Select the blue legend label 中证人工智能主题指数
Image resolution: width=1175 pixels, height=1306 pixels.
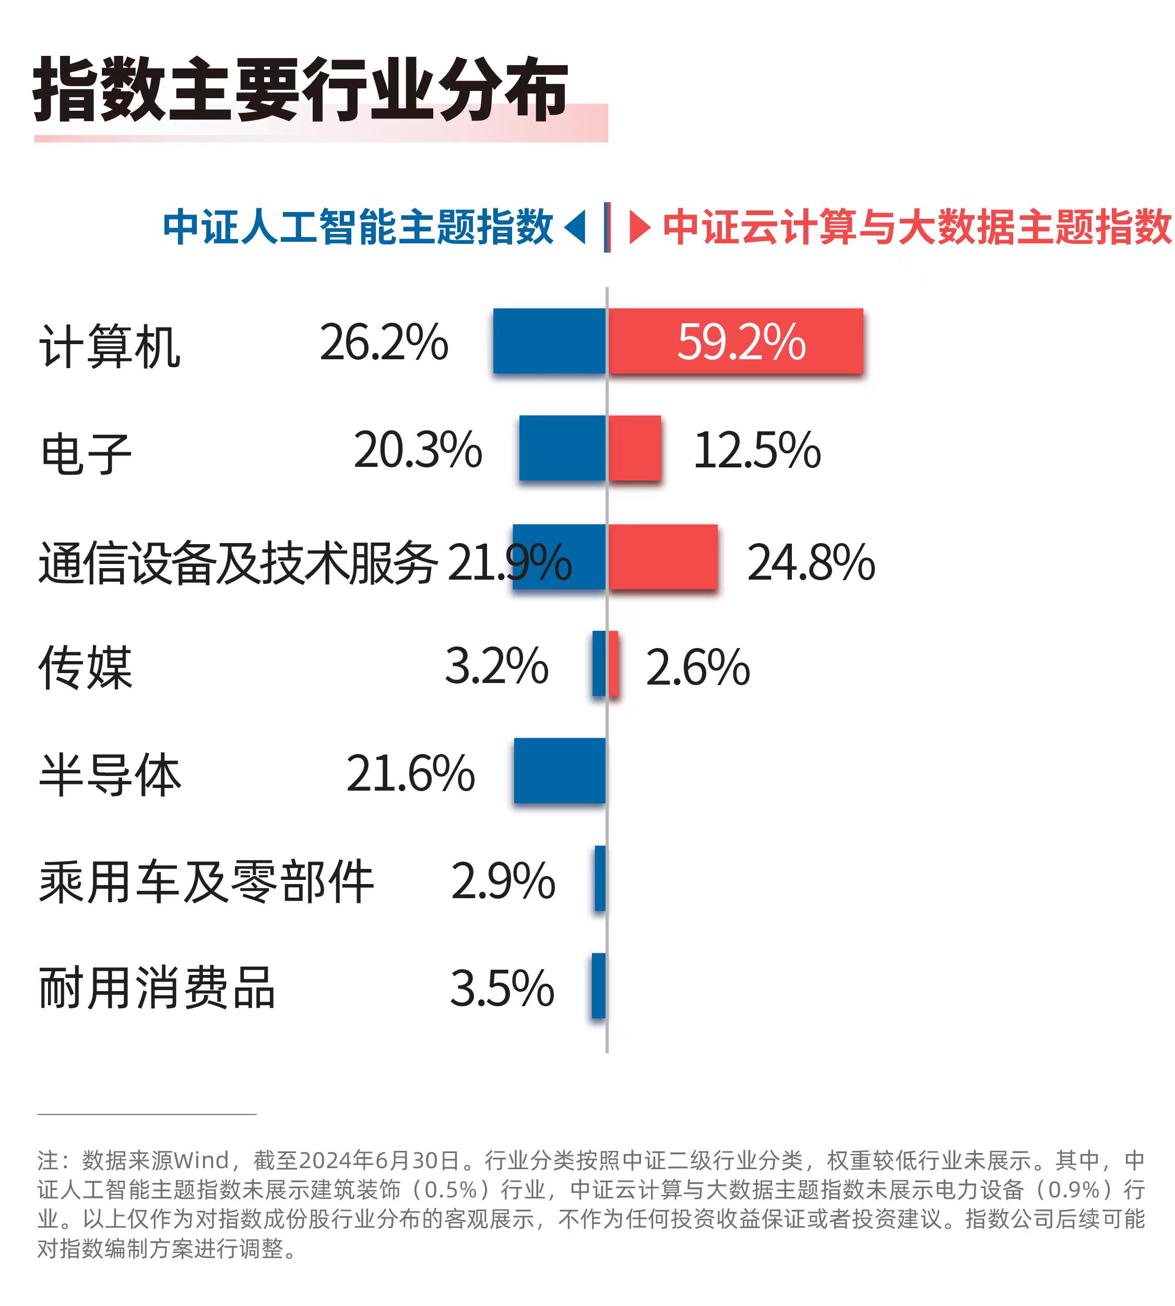click(x=358, y=227)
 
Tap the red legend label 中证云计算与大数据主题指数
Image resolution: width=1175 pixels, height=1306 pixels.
click(x=917, y=227)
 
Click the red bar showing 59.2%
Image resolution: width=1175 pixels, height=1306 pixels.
click(x=736, y=340)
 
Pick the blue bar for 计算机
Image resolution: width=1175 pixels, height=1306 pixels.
click(x=550, y=340)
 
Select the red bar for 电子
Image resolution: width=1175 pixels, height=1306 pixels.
click(x=635, y=448)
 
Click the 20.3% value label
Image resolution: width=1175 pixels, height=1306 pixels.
click(x=418, y=450)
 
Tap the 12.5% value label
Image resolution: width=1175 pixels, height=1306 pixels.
click(x=757, y=450)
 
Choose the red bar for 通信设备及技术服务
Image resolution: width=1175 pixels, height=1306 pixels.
click(x=663, y=557)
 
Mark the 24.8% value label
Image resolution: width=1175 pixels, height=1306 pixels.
click(x=811, y=562)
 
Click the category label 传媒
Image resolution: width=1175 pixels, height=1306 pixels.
click(x=86, y=667)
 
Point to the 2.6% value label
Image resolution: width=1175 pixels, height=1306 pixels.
click(x=698, y=667)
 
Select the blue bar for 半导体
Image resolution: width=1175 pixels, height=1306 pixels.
click(x=560, y=771)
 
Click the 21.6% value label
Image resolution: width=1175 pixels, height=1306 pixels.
click(x=411, y=773)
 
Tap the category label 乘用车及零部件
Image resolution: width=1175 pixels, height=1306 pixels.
click(x=207, y=881)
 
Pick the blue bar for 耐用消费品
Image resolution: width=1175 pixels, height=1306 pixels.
click(x=599, y=986)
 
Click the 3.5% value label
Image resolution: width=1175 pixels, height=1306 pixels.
click(x=502, y=988)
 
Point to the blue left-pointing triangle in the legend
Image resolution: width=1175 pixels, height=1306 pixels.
click(x=576, y=227)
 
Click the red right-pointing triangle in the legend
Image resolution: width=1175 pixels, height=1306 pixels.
click(x=638, y=227)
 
